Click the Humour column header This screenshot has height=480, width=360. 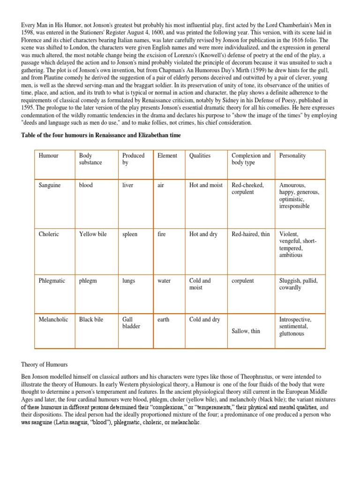coord(48,156)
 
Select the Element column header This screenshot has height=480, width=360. coord(167,156)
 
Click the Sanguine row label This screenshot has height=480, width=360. coord(50,185)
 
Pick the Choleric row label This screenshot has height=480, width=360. coord(49,234)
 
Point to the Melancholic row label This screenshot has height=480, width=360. coord(53,319)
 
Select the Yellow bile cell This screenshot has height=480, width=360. coord(93,234)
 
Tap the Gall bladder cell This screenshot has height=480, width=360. coord(131,322)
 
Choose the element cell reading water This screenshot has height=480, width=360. coord(164,281)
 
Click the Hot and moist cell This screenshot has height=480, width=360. coord(206,185)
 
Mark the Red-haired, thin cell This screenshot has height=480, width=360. coord(251,234)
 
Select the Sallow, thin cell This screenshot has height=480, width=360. coord(246,331)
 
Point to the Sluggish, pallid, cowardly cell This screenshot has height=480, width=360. coord(299,284)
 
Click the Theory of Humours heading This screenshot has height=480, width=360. coord(45,364)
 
